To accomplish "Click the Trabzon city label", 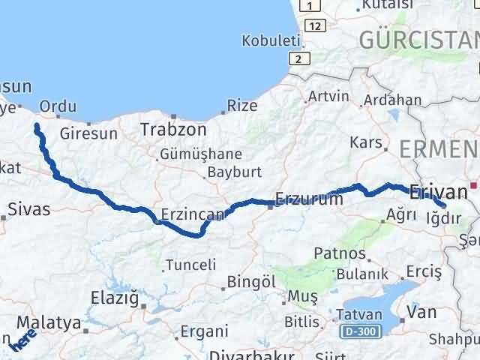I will pos(172,130).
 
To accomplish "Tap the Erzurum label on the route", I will pos(309,199).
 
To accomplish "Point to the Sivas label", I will pos(29,209).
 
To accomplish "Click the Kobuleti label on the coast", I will pos(268,40).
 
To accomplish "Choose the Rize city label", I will pos(241,106).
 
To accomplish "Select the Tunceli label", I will pos(190,265).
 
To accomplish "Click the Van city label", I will pos(420,311).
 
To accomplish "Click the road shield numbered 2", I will pos(299,58).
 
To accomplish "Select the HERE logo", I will pos(23,341).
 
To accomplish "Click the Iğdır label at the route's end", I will pos(441,218).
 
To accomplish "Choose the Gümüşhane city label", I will pos(200,155).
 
